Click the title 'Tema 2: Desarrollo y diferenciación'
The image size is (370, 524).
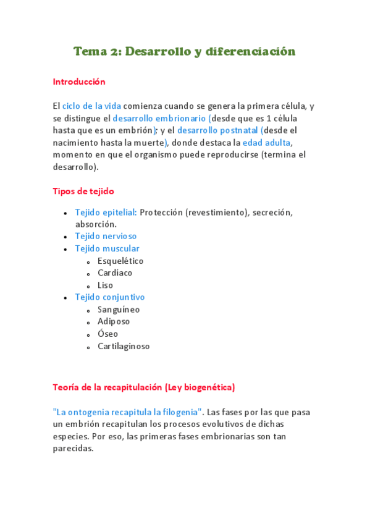click(185, 51)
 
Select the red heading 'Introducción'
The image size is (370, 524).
click(79, 82)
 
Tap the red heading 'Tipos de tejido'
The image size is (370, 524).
click(83, 192)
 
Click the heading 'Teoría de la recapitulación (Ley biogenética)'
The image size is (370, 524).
click(144, 387)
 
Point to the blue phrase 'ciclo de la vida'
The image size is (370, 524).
click(92, 106)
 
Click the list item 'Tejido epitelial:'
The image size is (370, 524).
click(106, 212)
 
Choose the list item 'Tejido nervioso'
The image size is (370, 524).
click(106, 236)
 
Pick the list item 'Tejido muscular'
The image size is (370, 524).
click(107, 248)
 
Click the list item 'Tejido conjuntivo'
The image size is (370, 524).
click(109, 297)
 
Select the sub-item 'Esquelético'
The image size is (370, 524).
click(120, 261)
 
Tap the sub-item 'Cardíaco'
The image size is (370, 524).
click(115, 273)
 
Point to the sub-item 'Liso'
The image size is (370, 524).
click(106, 285)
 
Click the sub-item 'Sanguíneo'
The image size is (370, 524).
click(119, 310)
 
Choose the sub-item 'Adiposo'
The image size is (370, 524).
click(114, 321)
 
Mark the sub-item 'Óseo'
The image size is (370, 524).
click(107, 334)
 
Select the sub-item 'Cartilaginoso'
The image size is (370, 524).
click(124, 346)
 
